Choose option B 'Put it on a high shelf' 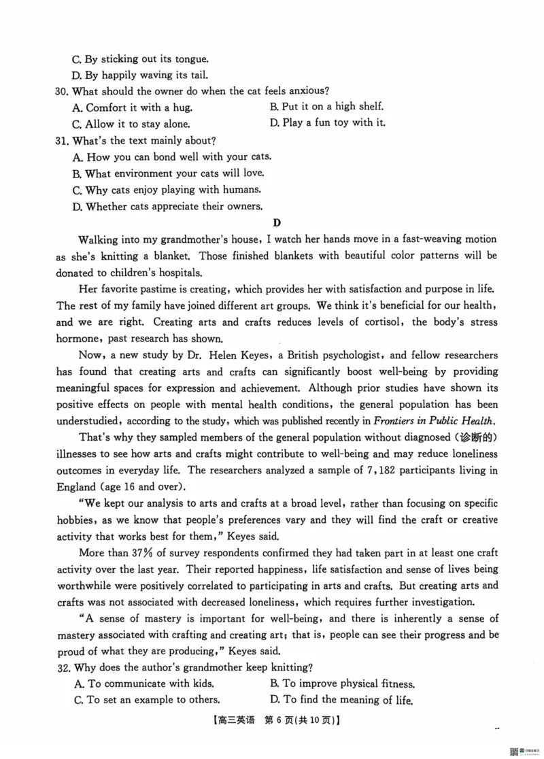point(326,106)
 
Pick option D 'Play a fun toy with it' point(328,123)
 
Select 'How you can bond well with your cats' point(173,157)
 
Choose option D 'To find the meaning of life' point(341,700)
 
